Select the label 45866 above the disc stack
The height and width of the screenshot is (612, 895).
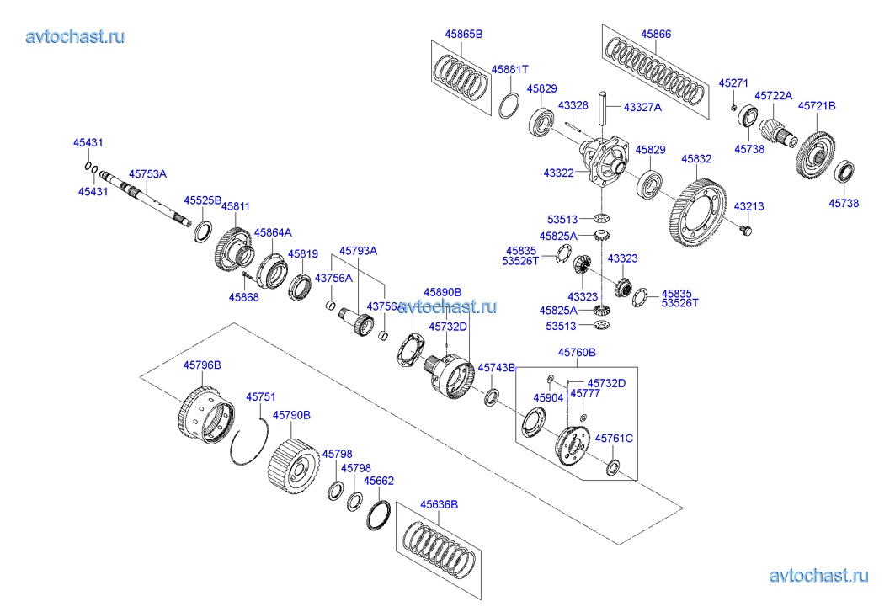[x=655, y=35]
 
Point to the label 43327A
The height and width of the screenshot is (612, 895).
[x=642, y=107]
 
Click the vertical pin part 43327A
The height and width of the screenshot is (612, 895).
[x=605, y=108]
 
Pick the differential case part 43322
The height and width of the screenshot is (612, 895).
[x=606, y=161]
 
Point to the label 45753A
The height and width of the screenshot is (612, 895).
[x=147, y=174]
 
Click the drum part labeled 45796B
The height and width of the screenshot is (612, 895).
[x=205, y=416]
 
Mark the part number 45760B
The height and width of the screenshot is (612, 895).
[x=577, y=353]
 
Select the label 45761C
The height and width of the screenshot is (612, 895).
[x=614, y=438]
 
